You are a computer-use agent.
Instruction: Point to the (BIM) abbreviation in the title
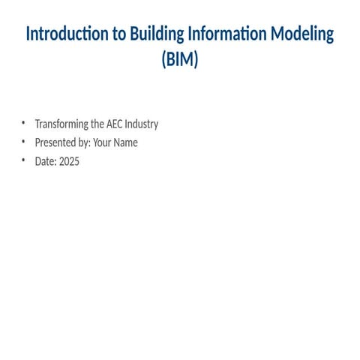coord(180,60)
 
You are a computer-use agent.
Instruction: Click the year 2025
coord(69,160)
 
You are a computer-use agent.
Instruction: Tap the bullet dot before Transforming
coord(23,124)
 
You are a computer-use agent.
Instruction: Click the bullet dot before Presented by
coord(23,142)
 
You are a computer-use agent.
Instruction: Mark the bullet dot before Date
coord(23,160)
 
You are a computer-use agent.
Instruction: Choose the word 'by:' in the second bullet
coord(83,142)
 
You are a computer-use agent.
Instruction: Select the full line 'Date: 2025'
coord(57,160)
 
